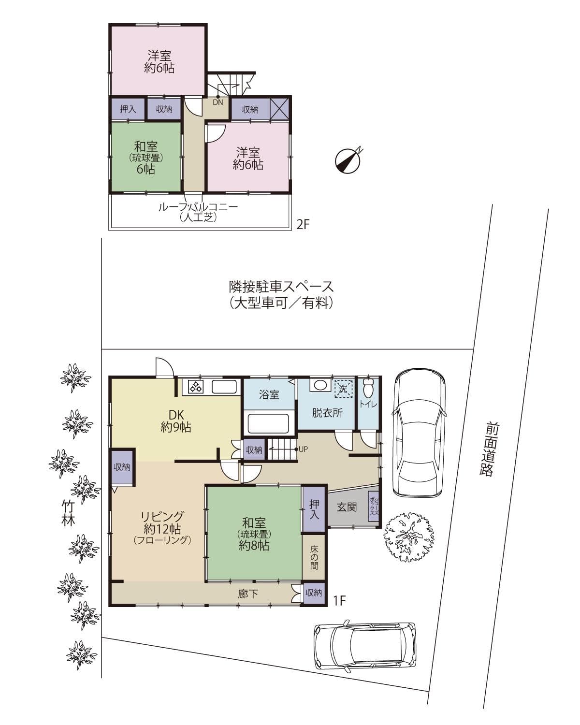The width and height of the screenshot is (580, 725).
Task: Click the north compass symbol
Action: point(349,160)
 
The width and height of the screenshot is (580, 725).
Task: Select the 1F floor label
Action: point(340,600)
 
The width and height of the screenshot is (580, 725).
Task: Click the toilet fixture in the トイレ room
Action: point(368,387)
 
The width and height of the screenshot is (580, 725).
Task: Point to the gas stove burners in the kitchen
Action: point(196,387)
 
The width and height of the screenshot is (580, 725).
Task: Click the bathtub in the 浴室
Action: point(268,423)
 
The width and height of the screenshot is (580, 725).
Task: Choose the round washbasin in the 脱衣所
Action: point(319,386)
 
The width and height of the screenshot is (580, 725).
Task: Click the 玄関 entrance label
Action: point(347,507)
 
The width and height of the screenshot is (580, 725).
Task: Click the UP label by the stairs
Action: point(303,449)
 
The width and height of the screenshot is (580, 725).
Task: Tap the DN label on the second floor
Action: point(218,102)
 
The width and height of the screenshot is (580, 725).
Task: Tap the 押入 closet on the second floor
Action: point(128,109)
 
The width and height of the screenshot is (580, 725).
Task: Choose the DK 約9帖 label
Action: point(176,420)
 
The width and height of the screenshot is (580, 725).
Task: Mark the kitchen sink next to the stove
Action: point(224,387)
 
